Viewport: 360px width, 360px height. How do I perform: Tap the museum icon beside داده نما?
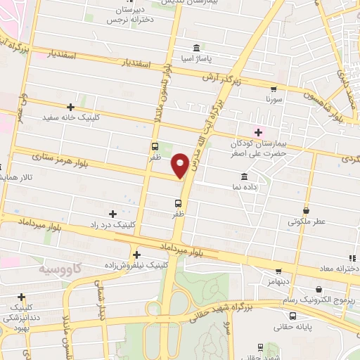pos(243,175)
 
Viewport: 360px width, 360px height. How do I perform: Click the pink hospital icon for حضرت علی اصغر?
pos(258,131)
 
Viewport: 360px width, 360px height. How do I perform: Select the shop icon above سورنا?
pos(273,89)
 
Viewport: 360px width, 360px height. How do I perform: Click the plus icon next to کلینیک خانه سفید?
pos(70,106)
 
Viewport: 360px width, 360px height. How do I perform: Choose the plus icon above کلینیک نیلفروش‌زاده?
pos(136,255)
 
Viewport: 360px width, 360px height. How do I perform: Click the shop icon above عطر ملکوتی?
pos(307,210)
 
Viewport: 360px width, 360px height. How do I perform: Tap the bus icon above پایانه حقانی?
pos(261,347)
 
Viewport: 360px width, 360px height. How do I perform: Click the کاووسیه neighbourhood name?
pos(59,269)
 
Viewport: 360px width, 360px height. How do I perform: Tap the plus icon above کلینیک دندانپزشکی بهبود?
pos(22,297)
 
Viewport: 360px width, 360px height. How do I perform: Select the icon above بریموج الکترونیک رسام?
pos(319,289)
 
